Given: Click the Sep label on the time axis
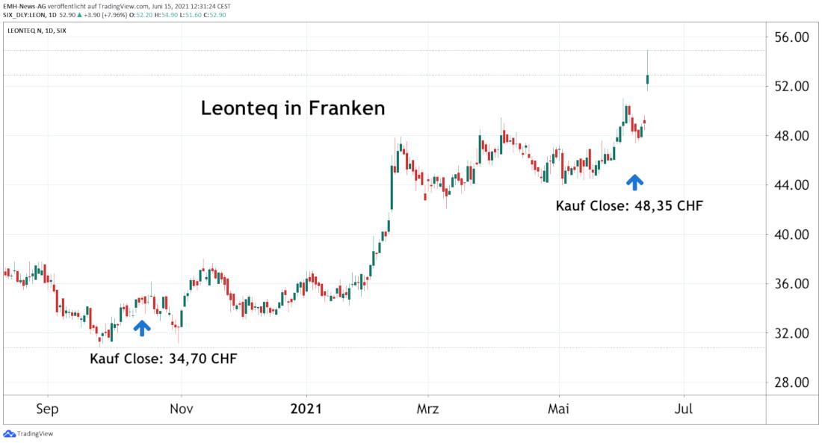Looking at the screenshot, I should coord(48,409).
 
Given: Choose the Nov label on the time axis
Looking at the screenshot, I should coord(182,409).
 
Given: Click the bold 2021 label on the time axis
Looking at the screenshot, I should coord(306,409).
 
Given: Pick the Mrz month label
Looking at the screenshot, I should coord(428,409).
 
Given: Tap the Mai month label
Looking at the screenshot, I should coord(560,409).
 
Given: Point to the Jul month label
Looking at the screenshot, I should coord(684,409).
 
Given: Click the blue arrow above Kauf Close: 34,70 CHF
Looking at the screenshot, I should coord(142,327).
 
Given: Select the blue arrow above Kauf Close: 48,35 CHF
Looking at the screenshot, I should coord(634,181).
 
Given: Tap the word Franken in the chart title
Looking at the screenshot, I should coord(349,108).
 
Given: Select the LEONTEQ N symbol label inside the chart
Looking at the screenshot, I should coord(28,31).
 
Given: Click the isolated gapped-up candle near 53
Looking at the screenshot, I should coord(648,79).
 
